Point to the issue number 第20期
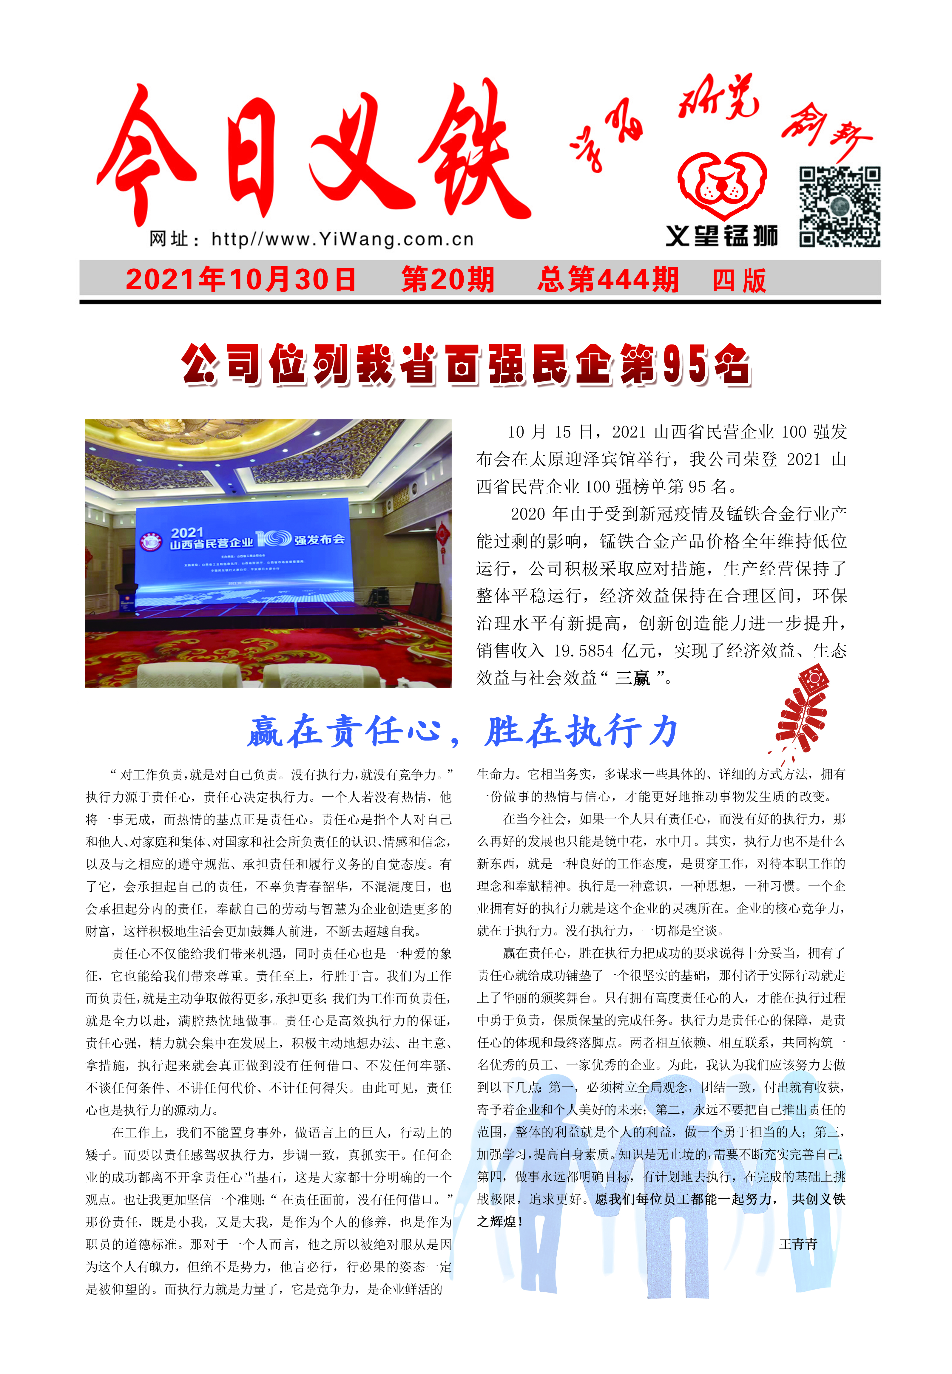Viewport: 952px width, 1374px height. tap(448, 280)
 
